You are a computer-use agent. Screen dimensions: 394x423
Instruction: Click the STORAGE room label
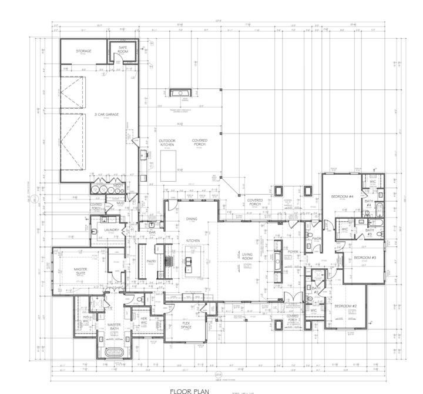(83, 51)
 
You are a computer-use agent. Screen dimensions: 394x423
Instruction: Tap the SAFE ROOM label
(123, 49)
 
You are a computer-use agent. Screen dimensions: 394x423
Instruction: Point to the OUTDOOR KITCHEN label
(167, 143)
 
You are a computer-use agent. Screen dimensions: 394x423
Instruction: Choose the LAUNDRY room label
(111, 230)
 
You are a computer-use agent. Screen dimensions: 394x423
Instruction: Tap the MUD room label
(120, 203)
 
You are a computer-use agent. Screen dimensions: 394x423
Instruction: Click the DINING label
(192, 219)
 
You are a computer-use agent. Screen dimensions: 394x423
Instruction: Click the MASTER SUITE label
(80, 271)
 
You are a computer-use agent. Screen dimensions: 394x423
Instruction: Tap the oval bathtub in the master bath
(114, 352)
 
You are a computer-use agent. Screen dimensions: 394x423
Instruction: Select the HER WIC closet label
(143, 320)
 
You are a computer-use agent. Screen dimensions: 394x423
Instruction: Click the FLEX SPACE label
(186, 326)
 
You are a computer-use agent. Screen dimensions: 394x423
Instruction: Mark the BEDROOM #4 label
(341, 196)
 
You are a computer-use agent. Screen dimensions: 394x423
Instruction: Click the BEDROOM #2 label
(346, 306)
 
